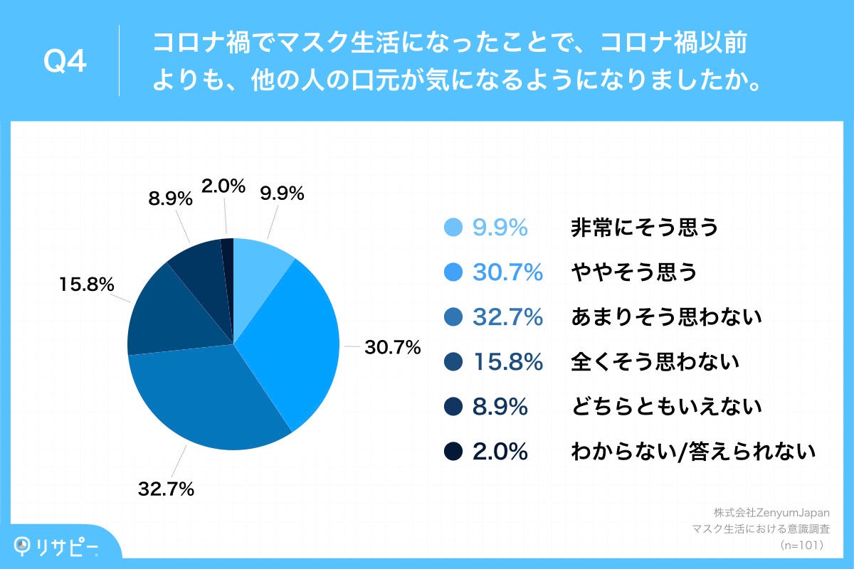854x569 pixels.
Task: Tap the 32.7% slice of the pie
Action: point(213,398)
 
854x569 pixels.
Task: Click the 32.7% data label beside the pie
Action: point(166,489)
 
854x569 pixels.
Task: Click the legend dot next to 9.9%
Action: point(453,228)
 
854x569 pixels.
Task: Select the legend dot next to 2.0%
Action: point(453,452)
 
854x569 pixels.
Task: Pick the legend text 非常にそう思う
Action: point(644,228)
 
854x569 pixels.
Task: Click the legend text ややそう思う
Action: point(633,272)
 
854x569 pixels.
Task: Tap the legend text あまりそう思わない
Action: point(666,317)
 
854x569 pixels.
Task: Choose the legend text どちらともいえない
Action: point(666,407)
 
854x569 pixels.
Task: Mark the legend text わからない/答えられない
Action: point(692,452)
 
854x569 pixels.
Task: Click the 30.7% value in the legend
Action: point(508,272)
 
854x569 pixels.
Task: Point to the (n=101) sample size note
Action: point(803,545)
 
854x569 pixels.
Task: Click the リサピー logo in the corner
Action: point(57,546)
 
